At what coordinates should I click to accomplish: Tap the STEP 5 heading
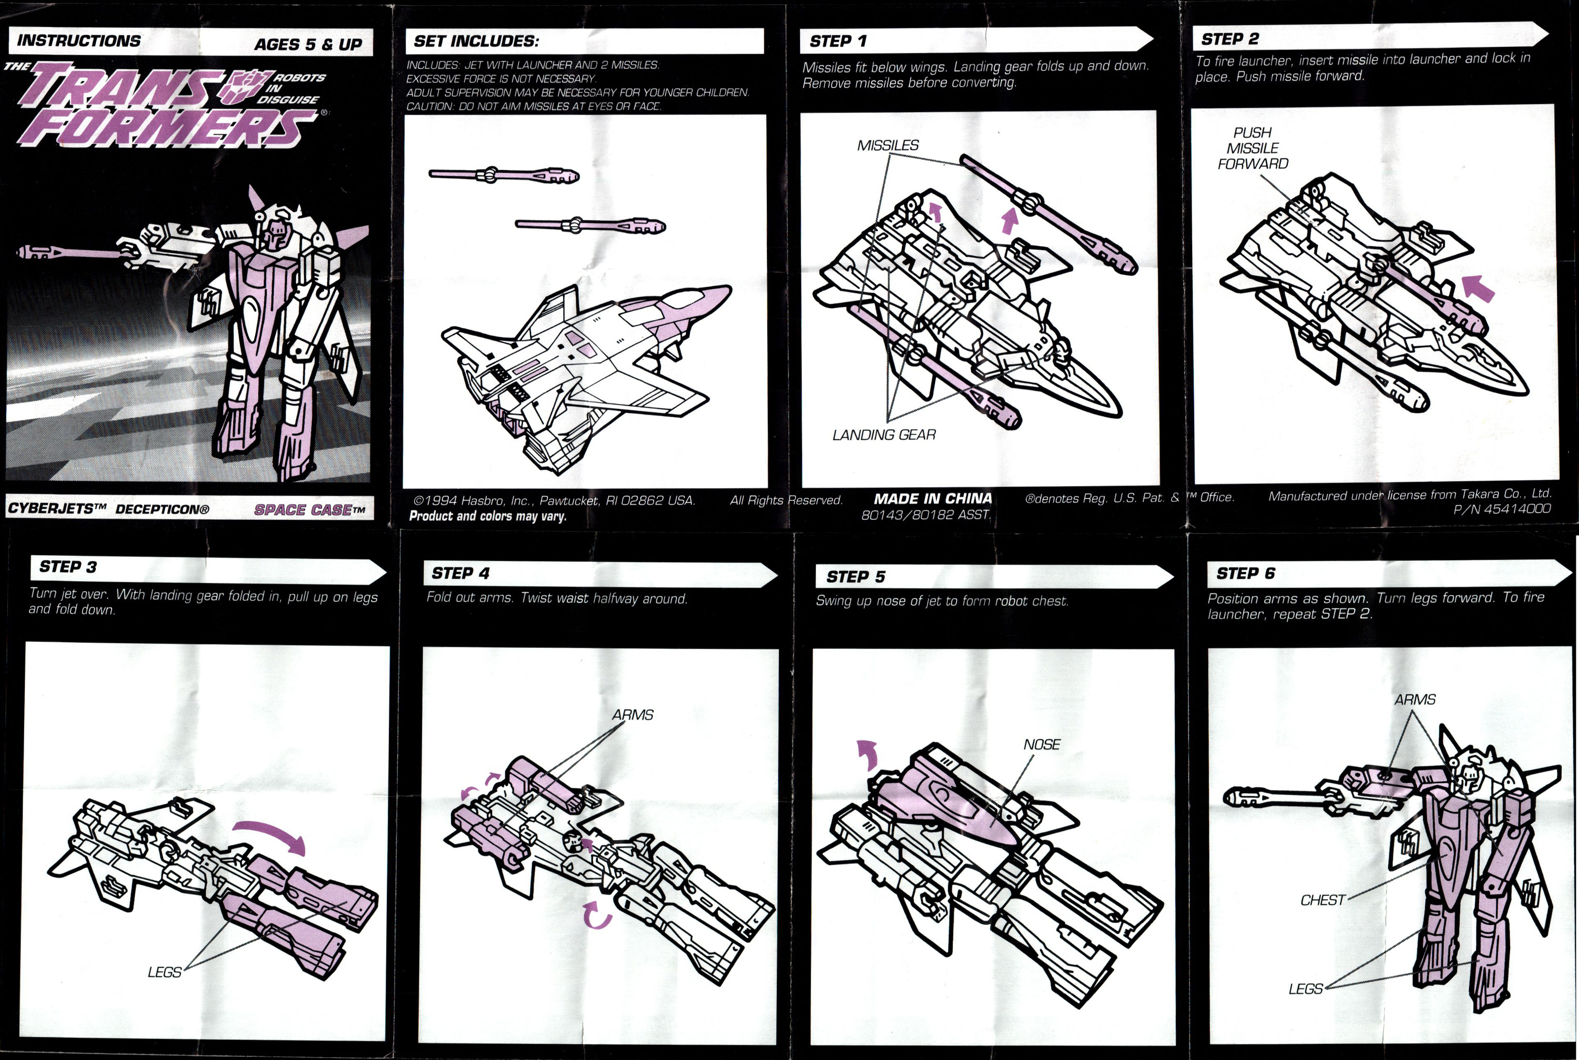point(855,577)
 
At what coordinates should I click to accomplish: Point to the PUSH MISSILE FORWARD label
point(1252,148)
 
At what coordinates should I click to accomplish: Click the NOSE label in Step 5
point(1042,744)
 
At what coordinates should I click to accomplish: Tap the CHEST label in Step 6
point(1322,901)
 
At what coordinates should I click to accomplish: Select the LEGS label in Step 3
point(164,972)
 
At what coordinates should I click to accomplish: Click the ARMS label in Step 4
point(632,714)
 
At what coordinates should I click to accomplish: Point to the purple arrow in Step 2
point(1478,288)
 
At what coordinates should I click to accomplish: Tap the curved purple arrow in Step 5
point(867,754)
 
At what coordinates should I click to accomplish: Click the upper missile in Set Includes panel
point(504,175)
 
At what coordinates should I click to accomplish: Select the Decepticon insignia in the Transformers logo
point(248,89)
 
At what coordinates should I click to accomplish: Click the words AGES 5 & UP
point(308,45)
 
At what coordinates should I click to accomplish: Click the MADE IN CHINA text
point(933,499)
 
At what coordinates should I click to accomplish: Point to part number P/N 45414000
point(1501,509)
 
